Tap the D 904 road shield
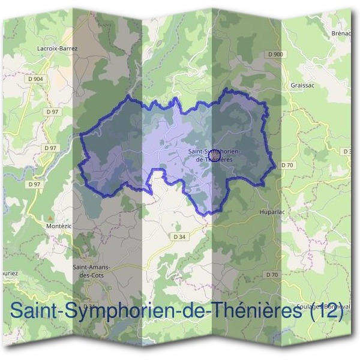[35, 79]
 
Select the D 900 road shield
[275, 54]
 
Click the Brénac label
[341, 34]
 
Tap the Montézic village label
[58, 226]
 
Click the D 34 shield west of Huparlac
[178, 236]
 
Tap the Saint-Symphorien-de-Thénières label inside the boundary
[214, 155]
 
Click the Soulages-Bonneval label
[327, 305]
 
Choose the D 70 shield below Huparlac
[272, 275]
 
